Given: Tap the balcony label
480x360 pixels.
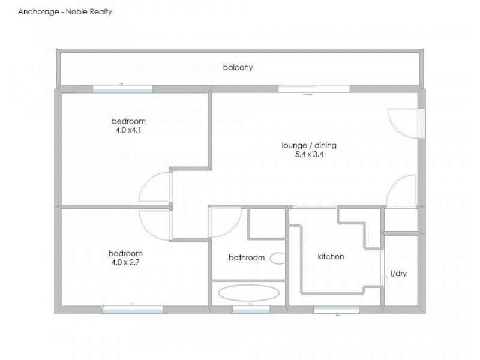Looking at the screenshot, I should (x=238, y=68).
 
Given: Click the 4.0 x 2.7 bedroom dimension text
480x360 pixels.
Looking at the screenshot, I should (x=125, y=262).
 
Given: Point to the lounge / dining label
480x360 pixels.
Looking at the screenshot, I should (x=309, y=145).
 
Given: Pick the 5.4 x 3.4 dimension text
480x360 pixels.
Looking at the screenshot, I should (x=309, y=154).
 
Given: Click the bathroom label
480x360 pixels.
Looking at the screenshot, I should (x=246, y=258).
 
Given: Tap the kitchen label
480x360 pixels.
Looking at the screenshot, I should (x=331, y=257).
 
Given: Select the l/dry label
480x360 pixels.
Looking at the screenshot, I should (x=398, y=274).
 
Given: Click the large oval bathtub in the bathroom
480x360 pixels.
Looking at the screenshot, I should (x=248, y=293).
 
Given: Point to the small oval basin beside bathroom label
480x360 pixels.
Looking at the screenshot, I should (x=279, y=258).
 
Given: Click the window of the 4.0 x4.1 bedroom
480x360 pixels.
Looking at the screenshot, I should (x=122, y=89).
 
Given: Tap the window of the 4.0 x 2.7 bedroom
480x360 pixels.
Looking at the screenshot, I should (x=133, y=309).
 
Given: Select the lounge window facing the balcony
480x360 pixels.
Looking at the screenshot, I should (x=314, y=89).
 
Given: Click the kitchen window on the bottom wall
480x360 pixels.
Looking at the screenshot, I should (x=336, y=309).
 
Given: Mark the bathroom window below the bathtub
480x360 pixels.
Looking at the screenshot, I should (x=251, y=309).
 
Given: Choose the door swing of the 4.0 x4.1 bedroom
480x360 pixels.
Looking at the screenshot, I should (x=155, y=187).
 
